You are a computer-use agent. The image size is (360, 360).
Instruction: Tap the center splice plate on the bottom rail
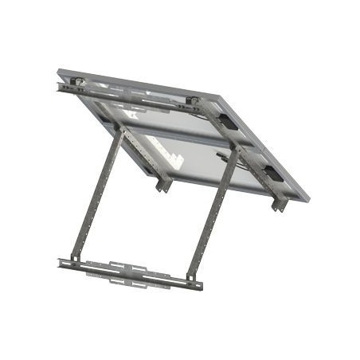127,271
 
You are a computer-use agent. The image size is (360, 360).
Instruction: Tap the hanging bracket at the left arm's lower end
163,185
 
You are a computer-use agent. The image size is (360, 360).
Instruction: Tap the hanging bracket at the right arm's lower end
279,204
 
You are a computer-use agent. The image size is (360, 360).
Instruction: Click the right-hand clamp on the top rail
193,101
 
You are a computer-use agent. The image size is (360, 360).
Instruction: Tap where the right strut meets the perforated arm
233,149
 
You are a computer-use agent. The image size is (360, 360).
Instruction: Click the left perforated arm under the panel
139,155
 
